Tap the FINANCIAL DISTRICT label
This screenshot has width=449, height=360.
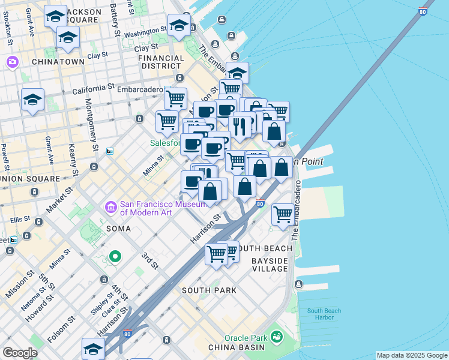click(x=161, y=63)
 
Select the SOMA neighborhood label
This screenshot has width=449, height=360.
click(x=118, y=229)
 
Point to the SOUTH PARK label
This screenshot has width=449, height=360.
click(x=208, y=290)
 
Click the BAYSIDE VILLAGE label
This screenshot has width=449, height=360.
click(x=270, y=265)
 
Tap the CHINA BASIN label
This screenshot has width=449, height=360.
click(x=237, y=347)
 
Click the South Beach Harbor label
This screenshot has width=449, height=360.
click(x=321, y=314)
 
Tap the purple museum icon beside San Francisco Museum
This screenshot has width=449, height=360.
click(x=111, y=208)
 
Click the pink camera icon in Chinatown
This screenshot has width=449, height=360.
click(x=12, y=62)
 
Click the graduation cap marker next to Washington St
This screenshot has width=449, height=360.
click(x=179, y=25)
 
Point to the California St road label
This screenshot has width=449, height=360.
click(x=93, y=88)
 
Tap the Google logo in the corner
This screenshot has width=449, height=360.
click(x=19, y=353)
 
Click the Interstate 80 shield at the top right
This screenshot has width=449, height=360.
click(x=423, y=11)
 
